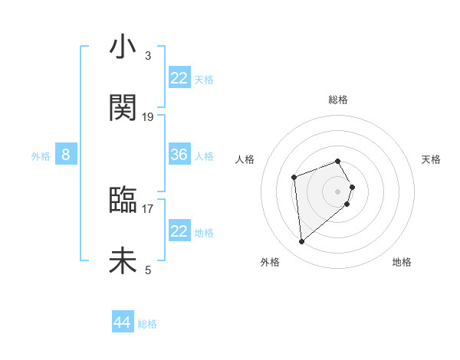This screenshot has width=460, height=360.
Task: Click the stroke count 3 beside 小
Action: click(x=148, y=55)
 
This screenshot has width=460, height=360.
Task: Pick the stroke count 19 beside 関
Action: click(x=148, y=116)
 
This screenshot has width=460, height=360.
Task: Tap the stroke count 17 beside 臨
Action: click(x=148, y=208)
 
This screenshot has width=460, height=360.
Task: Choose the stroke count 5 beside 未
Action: click(x=148, y=270)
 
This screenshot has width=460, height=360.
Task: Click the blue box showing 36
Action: click(x=179, y=155)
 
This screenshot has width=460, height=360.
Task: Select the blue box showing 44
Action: click(x=123, y=322)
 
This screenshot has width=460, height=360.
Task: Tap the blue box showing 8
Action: click(x=66, y=155)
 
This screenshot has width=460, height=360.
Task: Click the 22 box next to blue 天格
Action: click(x=179, y=78)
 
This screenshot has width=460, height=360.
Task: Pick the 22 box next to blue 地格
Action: click(x=179, y=231)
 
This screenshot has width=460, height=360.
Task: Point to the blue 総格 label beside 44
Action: click(x=147, y=324)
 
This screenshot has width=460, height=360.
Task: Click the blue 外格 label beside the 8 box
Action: click(x=41, y=156)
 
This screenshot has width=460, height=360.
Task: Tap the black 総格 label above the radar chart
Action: click(x=338, y=100)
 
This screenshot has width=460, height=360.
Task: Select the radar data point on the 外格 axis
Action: click(x=302, y=242)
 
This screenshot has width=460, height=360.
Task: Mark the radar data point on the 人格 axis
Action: click(x=294, y=178)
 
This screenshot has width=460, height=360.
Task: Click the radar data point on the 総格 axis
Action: click(x=338, y=161)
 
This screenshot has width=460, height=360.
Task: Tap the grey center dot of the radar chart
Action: click(x=338, y=191)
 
